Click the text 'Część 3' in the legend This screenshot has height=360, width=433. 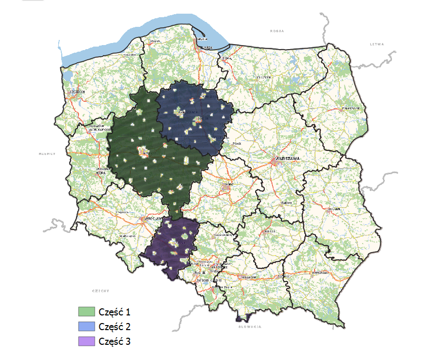[x=115, y=342]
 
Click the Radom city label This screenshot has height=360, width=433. [x=286, y=202]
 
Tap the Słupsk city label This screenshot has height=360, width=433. [x=155, y=41]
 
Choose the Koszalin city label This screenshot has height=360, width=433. [x=130, y=54]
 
